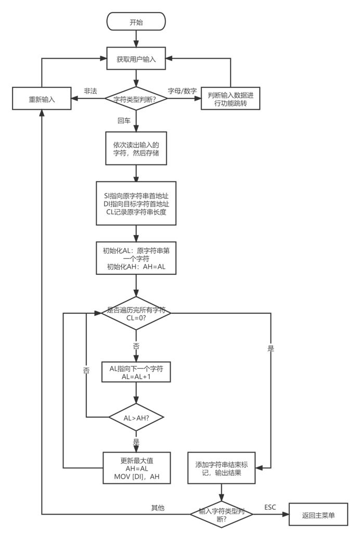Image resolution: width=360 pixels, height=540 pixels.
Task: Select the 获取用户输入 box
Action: [x=136, y=60]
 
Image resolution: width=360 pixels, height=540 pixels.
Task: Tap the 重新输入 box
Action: [x=42, y=98]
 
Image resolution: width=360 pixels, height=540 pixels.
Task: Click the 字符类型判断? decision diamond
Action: [x=136, y=98]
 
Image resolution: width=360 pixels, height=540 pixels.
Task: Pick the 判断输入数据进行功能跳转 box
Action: [x=230, y=98]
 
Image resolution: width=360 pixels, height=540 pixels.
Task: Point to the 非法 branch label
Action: [x=91, y=91]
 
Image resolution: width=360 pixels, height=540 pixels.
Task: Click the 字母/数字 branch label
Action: [x=182, y=91]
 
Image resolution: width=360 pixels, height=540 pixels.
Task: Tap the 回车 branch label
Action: [x=123, y=120]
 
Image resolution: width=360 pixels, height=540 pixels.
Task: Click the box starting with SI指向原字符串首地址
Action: [x=136, y=203]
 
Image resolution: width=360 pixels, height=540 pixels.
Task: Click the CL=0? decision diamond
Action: [x=136, y=313]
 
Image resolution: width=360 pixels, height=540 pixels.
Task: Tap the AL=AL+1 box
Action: [x=136, y=372]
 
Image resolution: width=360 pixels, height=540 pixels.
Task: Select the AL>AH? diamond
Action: [x=136, y=417]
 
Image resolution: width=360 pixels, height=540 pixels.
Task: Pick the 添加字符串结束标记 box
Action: [x=222, y=468]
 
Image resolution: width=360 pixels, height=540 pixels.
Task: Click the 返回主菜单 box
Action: [x=318, y=515]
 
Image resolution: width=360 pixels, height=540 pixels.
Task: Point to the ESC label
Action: [x=271, y=507]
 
